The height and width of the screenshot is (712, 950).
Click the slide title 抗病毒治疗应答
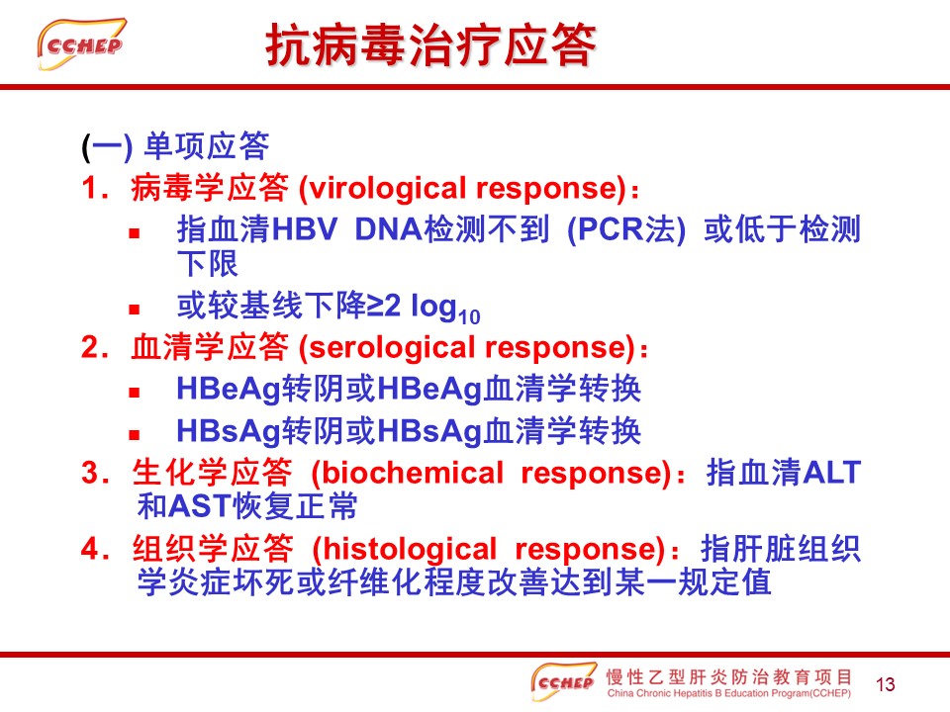[x=430, y=44]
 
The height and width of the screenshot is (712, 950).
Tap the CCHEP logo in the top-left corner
[x=81, y=44]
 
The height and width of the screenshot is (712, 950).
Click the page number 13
[x=885, y=684]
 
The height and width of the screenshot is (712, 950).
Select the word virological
[x=387, y=188]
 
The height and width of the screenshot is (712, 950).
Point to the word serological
[x=393, y=348]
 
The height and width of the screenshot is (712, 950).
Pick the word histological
[x=410, y=549]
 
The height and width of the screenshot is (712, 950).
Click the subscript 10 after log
[x=469, y=316]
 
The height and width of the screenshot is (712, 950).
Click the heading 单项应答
[x=207, y=146]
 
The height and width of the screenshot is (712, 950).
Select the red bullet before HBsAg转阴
[x=135, y=434]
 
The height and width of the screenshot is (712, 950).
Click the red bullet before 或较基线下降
[x=135, y=310]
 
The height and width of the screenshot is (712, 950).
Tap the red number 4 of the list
[x=90, y=549]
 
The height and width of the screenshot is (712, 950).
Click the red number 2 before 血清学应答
[x=90, y=348]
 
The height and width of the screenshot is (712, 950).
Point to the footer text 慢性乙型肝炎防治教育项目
[x=729, y=676]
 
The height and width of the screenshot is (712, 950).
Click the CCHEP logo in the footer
[x=563, y=681]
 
